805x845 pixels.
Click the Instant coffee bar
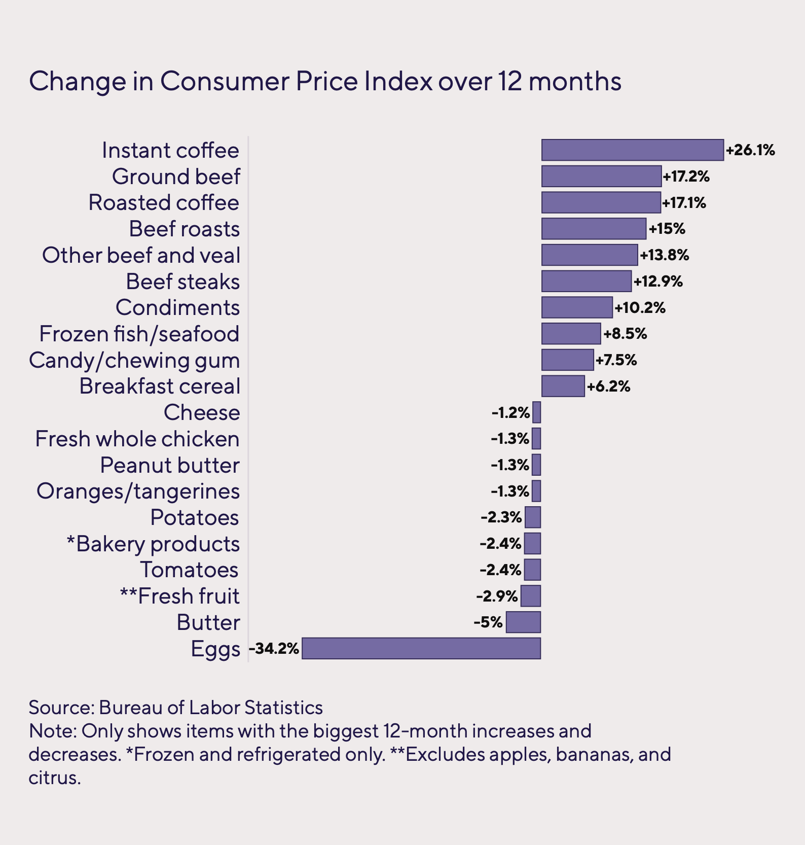pyautogui.click(x=632, y=150)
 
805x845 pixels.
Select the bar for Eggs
pyautogui.click(x=421, y=648)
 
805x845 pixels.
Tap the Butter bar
pyautogui.click(x=523, y=622)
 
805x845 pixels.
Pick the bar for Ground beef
pyautogui.click(x=601, y=177)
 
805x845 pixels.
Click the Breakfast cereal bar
pyautogui.click(x=563, y=386)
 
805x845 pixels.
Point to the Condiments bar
pyautogui.click(x=577, y=307)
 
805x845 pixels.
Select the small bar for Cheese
pyautogui.click(x=537, y=412)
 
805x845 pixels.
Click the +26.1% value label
pyautogui.click(x=750, y=150)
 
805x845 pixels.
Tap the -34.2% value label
pyautogui.click(x=274, y=649)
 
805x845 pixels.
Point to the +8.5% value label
pyautogui.click(x=625, y=334)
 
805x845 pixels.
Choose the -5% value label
pyautogui.click(x=488, y=622)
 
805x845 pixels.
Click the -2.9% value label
pyautogui.click(x=497, y=596)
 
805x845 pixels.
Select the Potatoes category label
pyautogui.click(x=195, y=518)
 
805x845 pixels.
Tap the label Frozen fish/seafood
pyautogui.click(x=139, y=334)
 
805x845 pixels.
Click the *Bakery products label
pyautogui.click(x=153, y=544)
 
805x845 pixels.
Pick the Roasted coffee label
pyautogui.click(x=164, y=203)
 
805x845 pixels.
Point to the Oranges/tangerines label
pyautogui.click(x=138, y=491)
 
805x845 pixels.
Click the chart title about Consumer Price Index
pyautogui.click(x=325, y=81)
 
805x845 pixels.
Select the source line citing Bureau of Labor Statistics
pyautogui.click(x=175, y=708)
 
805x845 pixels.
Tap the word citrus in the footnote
pyautogui.click(x=54, y=778)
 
